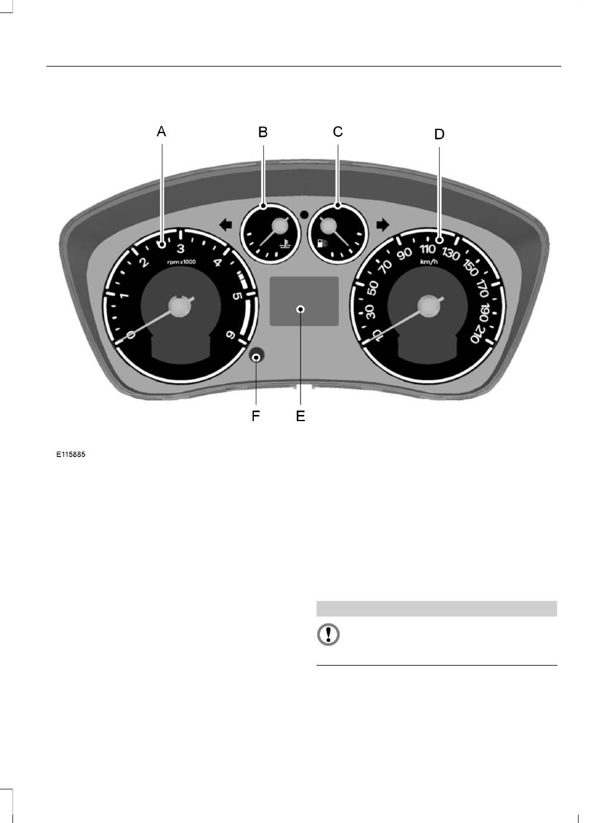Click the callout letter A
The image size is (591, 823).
[161, 131]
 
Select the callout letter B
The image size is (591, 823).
[263, 132]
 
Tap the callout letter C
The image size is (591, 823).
[338, 131]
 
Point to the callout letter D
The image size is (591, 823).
[439, 134]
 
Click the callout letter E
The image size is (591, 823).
[300, 416]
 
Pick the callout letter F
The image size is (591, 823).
[256, 416]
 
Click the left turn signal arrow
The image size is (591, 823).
[225, 225]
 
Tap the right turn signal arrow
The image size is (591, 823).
[383, 225]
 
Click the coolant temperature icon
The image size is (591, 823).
[285, 243]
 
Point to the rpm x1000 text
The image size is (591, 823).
[181, 262]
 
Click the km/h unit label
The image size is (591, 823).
[429, 262]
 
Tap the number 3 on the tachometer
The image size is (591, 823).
[180, 249]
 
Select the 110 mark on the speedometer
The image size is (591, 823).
[427, 249]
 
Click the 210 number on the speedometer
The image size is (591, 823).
[477, 333]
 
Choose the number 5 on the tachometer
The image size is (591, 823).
[238, 295]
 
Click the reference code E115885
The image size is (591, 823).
[70, 455]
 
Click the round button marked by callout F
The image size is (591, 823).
[256, 356]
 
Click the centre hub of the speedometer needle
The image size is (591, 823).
[428, 306]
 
